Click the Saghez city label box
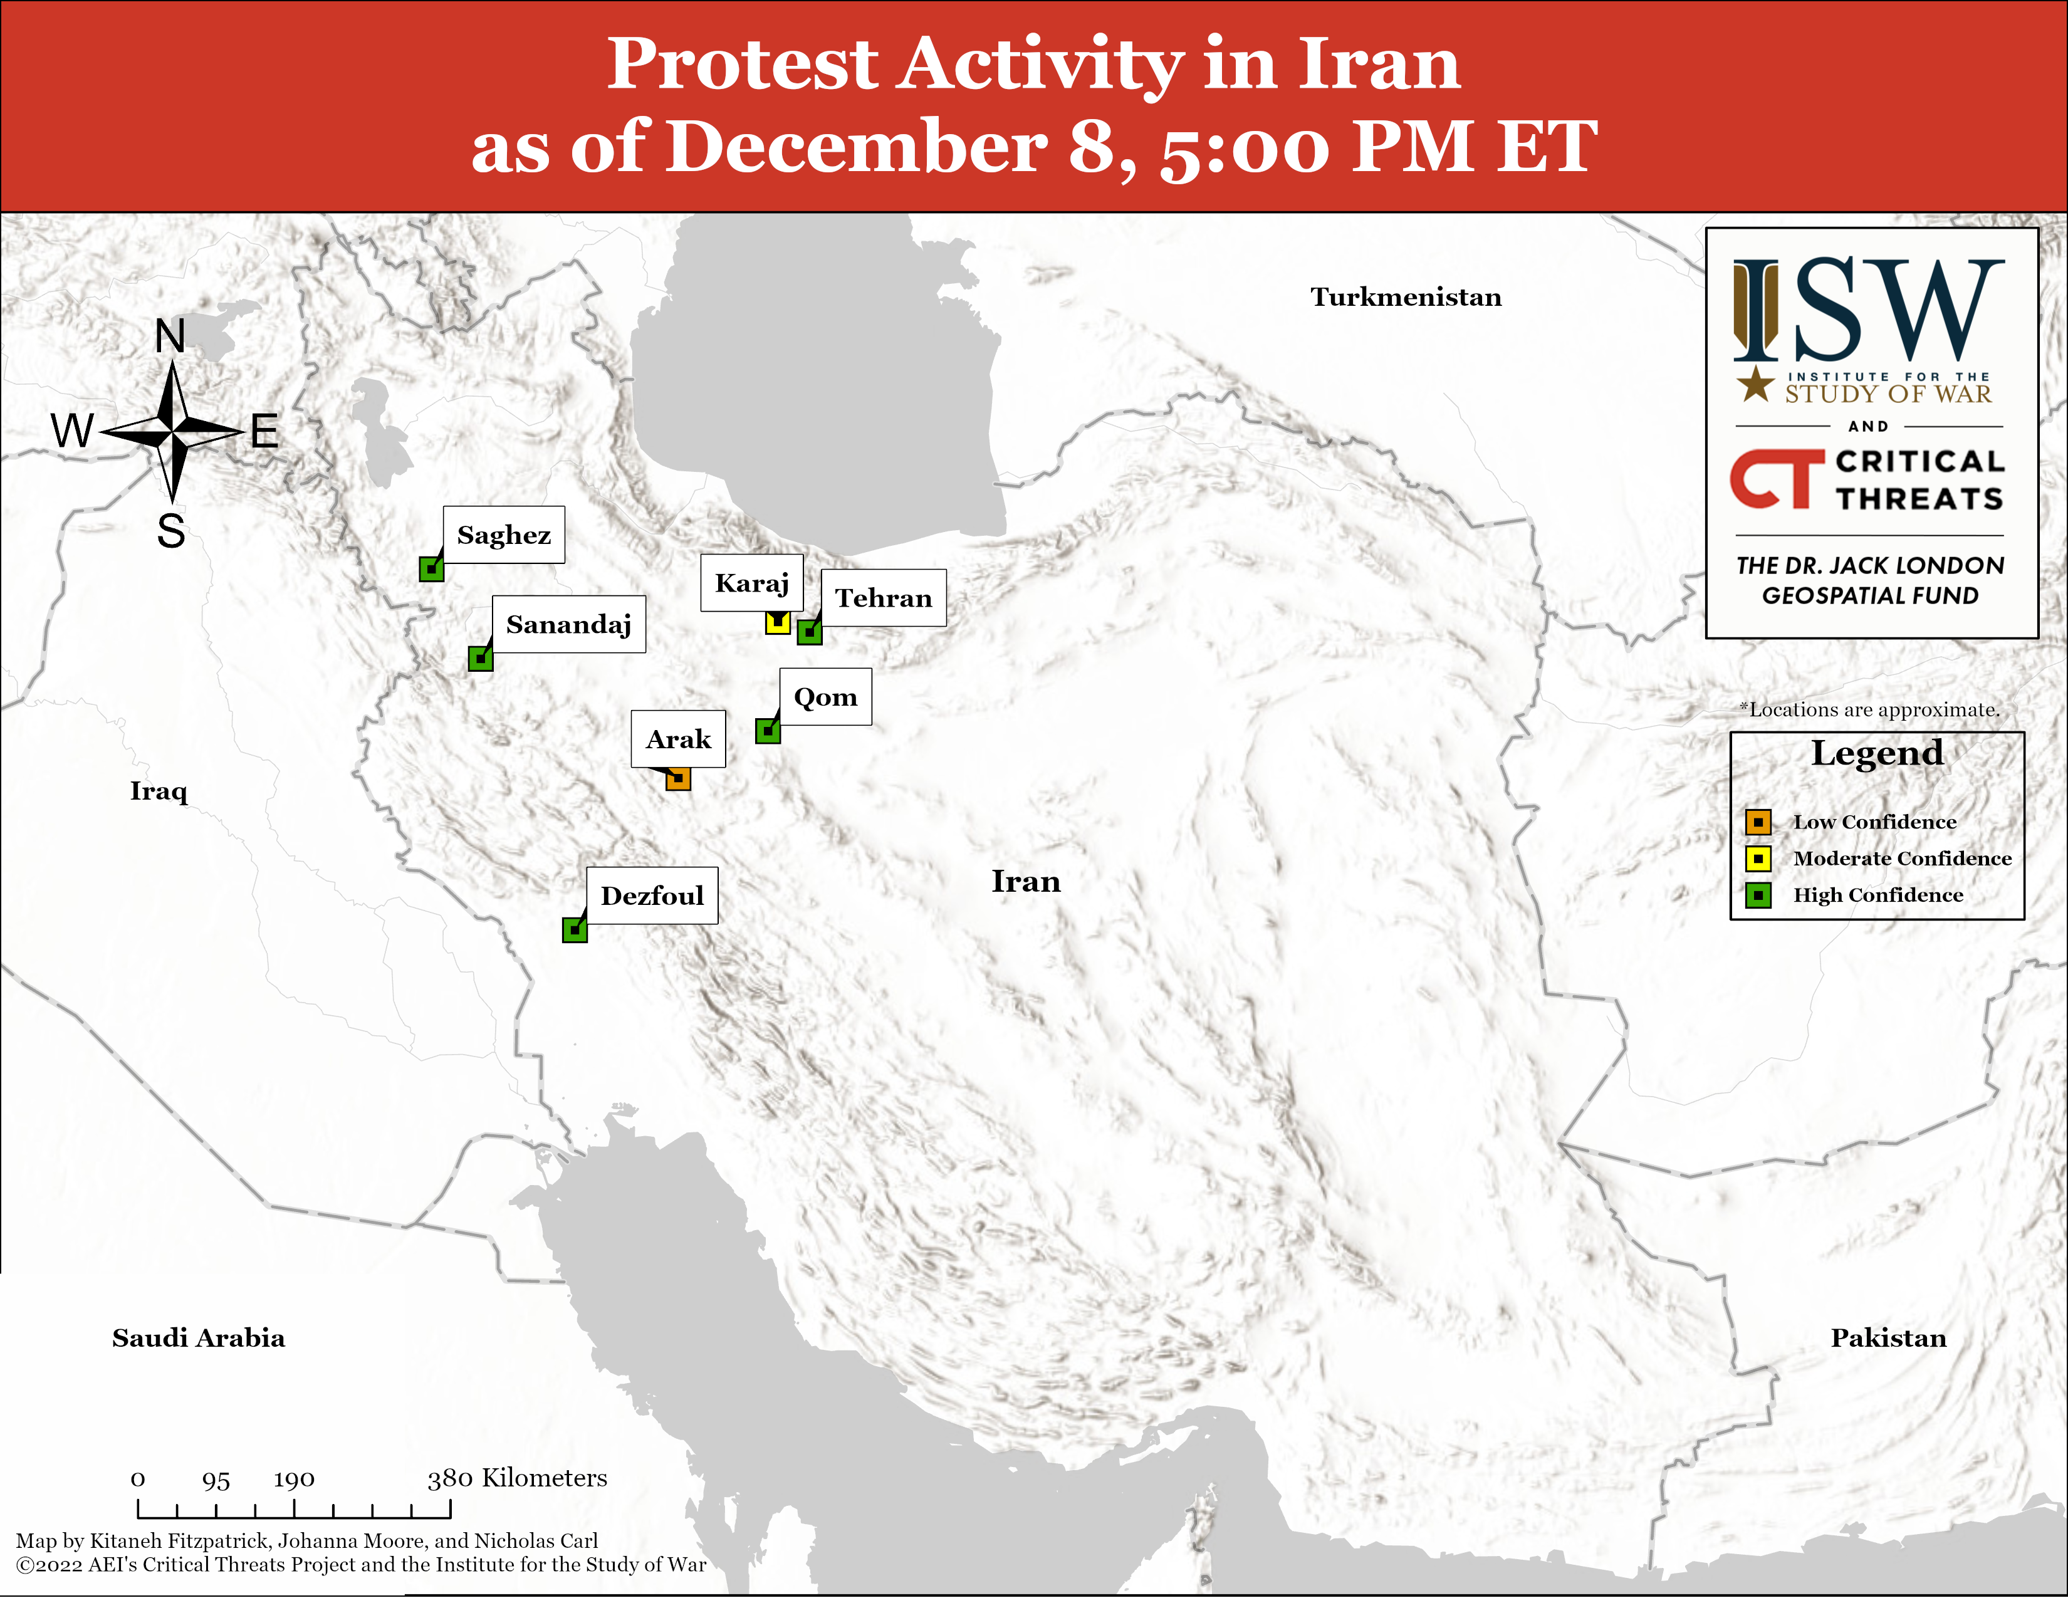click(x=504, y=535)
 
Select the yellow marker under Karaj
click(x=778, y=622)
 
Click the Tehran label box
click(x=884, y=597)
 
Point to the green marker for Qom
click(x=768, y=731)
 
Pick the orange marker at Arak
click(x=678, y=778)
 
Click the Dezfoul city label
click(x=652, y=896)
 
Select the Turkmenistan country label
click(x=1406, y=297)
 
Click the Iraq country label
click(x=159, y=791)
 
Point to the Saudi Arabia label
click(x=199, y=1338)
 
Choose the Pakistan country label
click(x=1889, y=1338)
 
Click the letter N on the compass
click(x=170, y=336)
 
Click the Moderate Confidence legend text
click(x=1903, y=859)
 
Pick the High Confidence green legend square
click(x=1758, y=896)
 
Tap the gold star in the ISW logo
click(x=1755, y=384)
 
